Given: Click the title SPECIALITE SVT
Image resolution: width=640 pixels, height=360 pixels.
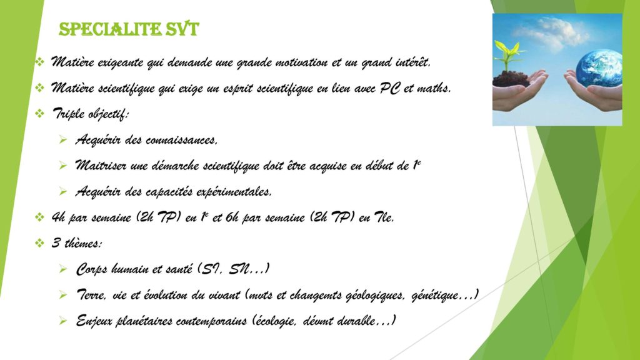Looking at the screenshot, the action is point(129,29).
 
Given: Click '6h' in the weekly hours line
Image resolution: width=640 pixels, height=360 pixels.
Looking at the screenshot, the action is point(231,217).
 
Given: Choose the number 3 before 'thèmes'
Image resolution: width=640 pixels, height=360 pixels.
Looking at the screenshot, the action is point(56,243).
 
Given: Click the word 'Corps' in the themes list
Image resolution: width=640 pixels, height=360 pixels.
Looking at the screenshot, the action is point(92,269).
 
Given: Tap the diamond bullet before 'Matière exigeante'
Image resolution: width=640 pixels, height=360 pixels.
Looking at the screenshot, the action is point(39,62).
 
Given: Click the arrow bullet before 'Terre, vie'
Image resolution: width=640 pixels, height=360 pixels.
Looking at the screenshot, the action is point(62,294).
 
